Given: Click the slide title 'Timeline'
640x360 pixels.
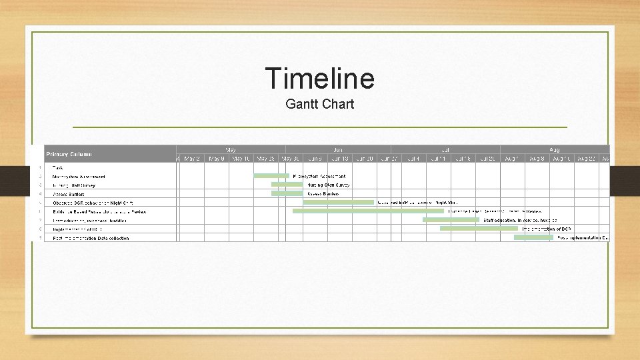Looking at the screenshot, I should tap(319, 78).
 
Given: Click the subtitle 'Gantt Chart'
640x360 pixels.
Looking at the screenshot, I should tap(319, 105).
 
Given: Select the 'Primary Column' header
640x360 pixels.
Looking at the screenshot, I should tap(69, 154).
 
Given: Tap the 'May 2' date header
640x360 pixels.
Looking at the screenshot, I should tap(191, 159).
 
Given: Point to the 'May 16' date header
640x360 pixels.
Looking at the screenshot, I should tap(241, 159).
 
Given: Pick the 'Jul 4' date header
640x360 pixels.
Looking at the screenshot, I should tap(413, 159).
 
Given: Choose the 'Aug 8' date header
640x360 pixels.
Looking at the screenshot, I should tap(537, 159).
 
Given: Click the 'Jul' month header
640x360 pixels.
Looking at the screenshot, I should tap(445, 150).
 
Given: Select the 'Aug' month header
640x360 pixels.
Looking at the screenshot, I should tap(554, 150).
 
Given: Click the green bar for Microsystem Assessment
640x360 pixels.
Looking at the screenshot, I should tap(271, 176).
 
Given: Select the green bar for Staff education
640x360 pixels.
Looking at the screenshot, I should tap(451, 219).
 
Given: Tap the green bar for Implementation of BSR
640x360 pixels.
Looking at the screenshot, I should tap(478, 228).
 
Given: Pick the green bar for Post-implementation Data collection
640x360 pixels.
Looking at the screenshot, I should tap(533, 237).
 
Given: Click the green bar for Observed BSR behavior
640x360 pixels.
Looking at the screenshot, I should tap(339, 202).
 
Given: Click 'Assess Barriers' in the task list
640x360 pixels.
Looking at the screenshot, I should tap(68, 194).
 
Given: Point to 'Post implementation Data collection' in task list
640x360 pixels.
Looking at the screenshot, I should tap(91, 238).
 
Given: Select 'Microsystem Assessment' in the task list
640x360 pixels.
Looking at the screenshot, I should tap(79, 177).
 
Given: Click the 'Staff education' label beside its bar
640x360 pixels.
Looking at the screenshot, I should tap(520, 220).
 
